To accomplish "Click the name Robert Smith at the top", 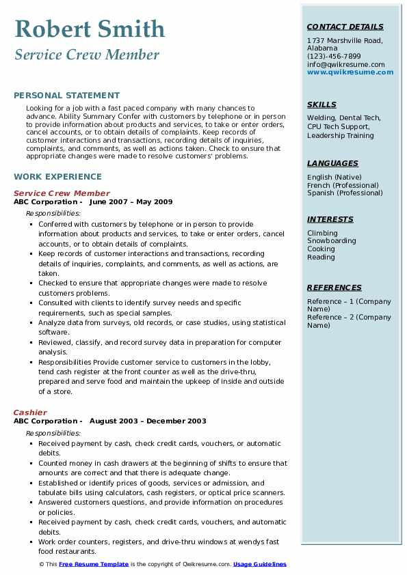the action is point(90,29).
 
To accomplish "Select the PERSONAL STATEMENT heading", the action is point(66,96).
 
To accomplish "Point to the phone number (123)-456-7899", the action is point(334,57).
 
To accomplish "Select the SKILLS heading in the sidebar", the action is point(321,104).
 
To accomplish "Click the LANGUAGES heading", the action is point(332,163).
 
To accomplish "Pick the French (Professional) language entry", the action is point(343,185).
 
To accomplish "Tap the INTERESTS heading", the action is point(330,219).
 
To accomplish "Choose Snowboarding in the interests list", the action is point(331,241).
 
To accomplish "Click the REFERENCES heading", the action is point(334,287).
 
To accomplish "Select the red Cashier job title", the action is point(30,412).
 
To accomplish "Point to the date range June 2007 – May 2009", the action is point(131,202).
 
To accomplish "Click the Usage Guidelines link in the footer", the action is point(259,564).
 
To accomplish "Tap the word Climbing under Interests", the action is point(322,233).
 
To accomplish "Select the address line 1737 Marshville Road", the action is point(344,40).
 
